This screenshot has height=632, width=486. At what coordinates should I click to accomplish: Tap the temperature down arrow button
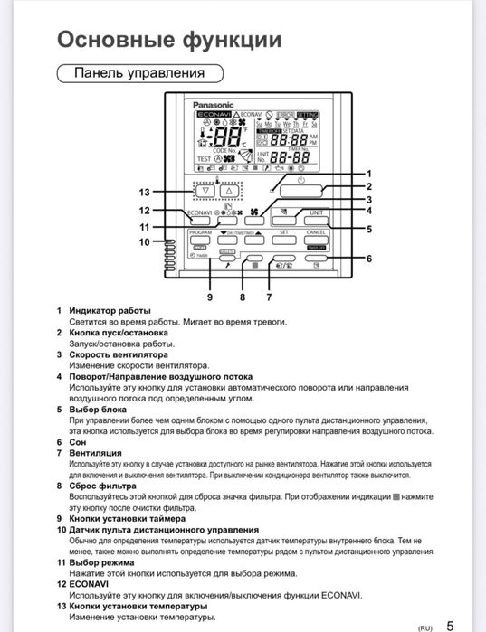(x=205, y=191)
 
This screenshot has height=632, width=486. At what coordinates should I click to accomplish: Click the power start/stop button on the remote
(x=300, y=191)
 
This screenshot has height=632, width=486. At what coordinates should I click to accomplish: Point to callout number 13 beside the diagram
(x=143, y=192)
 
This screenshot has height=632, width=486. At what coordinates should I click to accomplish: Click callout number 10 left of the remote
(x=143, y=242)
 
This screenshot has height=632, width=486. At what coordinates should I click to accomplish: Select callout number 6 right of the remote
(x=368, y=259)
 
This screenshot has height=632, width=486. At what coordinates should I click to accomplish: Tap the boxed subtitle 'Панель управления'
(x=138, y=72)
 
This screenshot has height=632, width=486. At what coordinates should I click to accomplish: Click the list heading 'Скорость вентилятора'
(x=119, y=354)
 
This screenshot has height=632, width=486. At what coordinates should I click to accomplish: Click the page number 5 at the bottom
(x=450, y=623)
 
